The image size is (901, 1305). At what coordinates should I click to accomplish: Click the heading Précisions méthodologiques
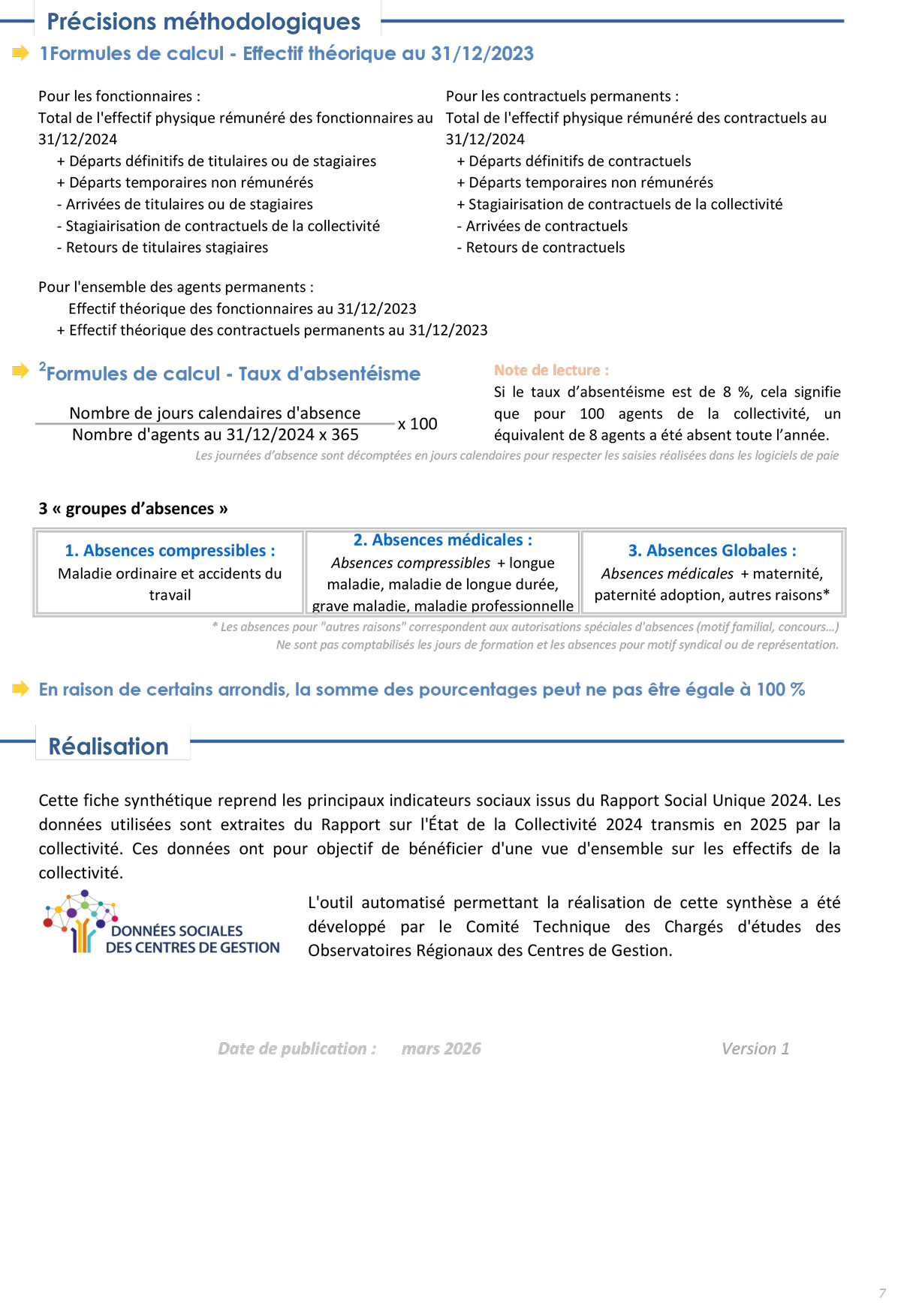point(203,22)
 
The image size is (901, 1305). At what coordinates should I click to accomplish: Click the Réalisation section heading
point(109,746)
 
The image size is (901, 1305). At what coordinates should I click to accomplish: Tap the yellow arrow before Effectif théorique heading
point(21,53)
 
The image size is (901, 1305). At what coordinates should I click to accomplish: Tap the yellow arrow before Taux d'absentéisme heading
point(21,371)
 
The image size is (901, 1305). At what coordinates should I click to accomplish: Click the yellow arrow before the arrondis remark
point(21,688)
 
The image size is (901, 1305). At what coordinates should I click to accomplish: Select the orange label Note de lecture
point(551,370)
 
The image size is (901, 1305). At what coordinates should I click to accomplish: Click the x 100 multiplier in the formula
point(417,424)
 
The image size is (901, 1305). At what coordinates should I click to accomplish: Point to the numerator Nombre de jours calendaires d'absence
point(215,413)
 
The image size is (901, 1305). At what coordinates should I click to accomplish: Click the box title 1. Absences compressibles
point(170,550)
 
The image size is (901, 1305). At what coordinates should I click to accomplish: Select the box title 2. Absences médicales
point(443,540)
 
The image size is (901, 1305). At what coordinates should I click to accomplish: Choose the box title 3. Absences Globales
point(712,550)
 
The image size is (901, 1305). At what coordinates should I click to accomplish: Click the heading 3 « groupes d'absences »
point(133,508)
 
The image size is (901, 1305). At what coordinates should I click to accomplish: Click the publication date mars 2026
point(441,1048)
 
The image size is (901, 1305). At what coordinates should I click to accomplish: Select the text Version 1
point(755,1048)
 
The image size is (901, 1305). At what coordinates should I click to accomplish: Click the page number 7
point(881,1293)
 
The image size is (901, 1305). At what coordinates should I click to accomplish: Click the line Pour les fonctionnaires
point(119,96)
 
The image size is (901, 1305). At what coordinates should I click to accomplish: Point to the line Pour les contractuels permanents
point(562,96)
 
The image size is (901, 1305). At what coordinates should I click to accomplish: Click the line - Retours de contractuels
point(541,248)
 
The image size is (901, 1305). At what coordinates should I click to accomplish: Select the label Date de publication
point(297,1048)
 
